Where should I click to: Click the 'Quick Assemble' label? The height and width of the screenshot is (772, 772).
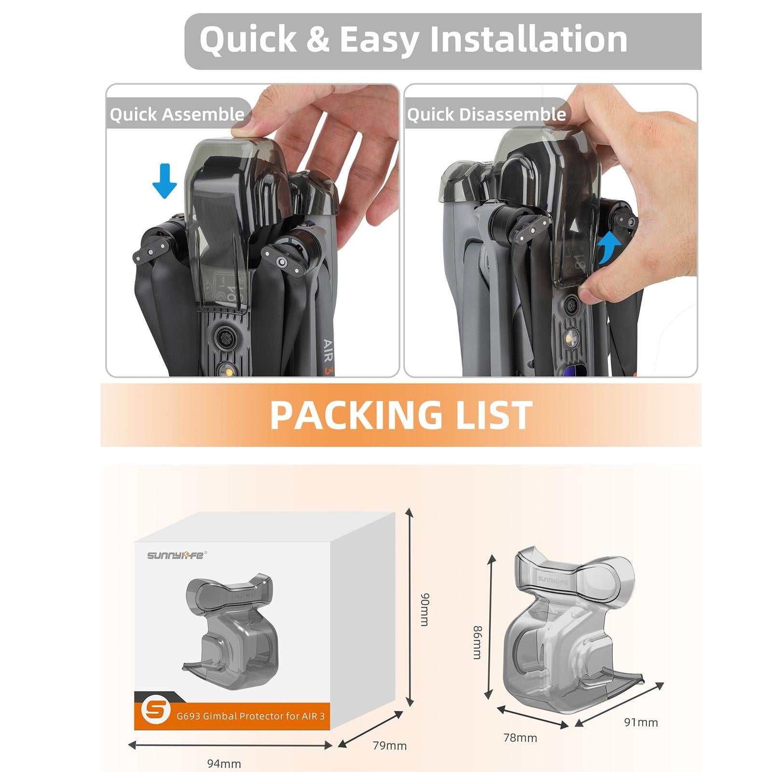(177, 115)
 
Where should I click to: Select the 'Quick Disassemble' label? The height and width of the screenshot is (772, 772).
(486, 115)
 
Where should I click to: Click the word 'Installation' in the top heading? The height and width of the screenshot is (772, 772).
(528, 39)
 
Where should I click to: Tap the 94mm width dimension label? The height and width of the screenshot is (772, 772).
(224, 763)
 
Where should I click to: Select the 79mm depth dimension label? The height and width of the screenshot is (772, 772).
(389, 745)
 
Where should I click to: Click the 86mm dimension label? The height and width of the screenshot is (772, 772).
(477, 642)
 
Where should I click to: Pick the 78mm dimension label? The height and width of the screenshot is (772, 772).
(520, 738)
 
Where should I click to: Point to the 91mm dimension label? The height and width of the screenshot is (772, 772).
(641, 722)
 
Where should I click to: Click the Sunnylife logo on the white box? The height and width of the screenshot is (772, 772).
(176, 555)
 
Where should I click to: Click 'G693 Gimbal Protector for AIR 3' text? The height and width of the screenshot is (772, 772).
(250, 716)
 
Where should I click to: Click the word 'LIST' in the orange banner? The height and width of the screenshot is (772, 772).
(494, 415)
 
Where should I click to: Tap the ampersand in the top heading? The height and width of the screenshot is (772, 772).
(317, 39)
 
